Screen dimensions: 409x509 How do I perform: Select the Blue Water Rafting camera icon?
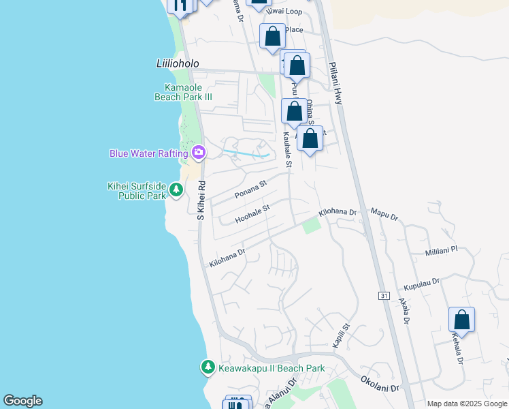pos(199,152)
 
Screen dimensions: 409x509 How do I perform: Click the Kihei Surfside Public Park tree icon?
pos(176,189)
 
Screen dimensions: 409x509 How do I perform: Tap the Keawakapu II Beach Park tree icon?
pos(208,367)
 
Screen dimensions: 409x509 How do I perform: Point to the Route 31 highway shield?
pos(384,295)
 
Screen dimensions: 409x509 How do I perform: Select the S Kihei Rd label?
pos(201,200)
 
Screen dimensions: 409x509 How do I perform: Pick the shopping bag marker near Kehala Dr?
pos(461,320)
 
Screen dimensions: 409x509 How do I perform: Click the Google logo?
pos(22,401)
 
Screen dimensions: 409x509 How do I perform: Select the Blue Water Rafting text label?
pos(149,153)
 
